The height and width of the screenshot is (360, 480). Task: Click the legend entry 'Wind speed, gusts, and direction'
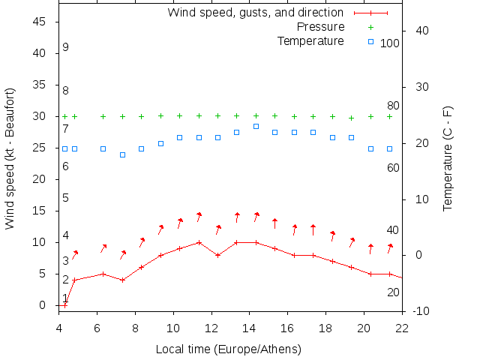pos(255,13)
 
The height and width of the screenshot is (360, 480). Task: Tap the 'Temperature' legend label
pos(310,40)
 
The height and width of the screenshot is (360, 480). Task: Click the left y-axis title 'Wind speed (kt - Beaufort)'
pos(10,158)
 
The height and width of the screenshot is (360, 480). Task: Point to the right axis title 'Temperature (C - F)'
pos(448,158)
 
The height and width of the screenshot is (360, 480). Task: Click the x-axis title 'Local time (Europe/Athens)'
pos(228,349)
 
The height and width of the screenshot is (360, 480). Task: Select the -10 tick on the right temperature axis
pos(421,311)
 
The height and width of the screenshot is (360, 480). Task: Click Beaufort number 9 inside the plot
pos(66,47)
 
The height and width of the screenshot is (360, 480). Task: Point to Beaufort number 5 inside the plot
pos(66,198)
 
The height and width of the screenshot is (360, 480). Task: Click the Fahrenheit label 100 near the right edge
pos(390,43)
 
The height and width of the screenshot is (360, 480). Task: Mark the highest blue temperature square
pos(256,126)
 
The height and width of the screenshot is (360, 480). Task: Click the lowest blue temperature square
pos(122,154)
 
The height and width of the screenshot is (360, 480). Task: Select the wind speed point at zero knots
pos(64,305)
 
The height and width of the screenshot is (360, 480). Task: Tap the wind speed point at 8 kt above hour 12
pos(217,255)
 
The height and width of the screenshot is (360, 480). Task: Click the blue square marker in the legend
pos(370,41)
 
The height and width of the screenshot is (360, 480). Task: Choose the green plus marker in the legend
pos(370,27)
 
